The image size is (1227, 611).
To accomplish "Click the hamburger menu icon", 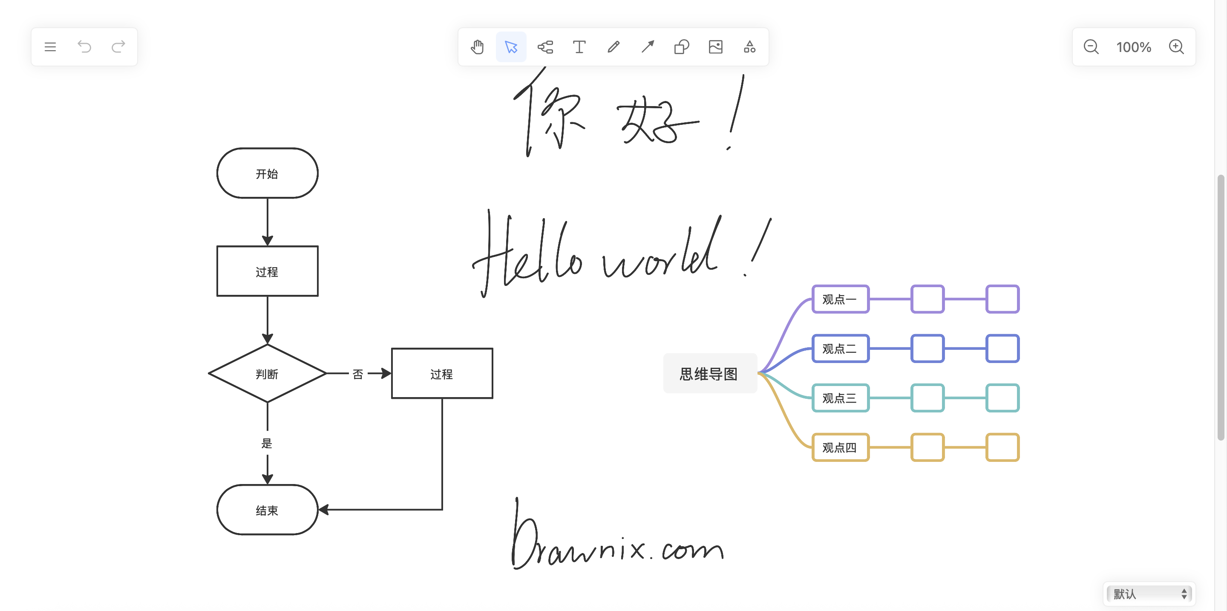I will (50, 47).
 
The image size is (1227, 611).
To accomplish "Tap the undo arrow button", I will (84, 47).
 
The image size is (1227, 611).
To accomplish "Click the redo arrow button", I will (118, 47).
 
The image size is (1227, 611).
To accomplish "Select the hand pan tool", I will (477, 47).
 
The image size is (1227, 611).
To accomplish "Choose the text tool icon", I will (579, 47).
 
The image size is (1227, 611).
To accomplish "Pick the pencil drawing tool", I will (613, 47).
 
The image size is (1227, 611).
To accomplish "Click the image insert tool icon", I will (715, 47).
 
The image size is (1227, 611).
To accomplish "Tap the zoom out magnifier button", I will (1091, 47).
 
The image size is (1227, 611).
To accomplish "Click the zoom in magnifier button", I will (1176, 47).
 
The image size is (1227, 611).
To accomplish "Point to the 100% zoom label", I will (1134, 47).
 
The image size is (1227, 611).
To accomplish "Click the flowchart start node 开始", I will (267, 173).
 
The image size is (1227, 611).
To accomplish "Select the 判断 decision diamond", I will (267, 374).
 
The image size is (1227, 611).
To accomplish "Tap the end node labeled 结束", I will (267, 510).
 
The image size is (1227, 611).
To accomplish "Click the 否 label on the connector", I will (358, 375).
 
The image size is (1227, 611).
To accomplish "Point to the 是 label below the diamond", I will (267, 444).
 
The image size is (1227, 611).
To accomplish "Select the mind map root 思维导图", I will (709, 374).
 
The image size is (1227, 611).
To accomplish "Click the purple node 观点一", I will (840, 299).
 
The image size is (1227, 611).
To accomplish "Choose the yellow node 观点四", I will (840, 448).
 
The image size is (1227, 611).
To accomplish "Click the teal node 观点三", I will (840, 398).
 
